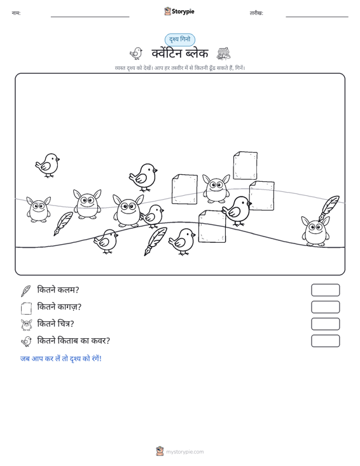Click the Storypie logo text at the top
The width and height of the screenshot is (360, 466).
tap(183, 11)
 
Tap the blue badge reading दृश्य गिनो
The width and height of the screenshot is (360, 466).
tap(180, 39)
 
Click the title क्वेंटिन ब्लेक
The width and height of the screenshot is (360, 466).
tap(180, 53)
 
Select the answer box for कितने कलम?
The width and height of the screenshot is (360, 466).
tap(325, 290)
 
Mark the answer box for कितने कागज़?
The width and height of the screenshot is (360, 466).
tap(325, 307)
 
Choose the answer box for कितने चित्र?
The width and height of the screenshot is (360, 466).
tap(325, 324)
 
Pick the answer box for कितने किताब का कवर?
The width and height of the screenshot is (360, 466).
tap(325, 341)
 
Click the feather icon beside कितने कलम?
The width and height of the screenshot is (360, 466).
tap(26, 291)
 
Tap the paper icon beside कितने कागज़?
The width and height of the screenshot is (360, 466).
tap(26, 308)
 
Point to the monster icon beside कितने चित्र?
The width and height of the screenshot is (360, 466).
tap(27, 324)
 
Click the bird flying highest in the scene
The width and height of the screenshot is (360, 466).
tap(47, 165)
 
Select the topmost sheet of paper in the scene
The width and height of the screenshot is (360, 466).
tap(246, 165)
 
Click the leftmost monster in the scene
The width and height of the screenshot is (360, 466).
tap(38, 209)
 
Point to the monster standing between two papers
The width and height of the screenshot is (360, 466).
tap(216, 189)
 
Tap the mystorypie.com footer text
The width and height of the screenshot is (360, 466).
tap(184, 452)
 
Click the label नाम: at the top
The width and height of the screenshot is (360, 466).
tap(16, 13)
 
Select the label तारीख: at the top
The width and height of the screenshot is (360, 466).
tap(256, 13)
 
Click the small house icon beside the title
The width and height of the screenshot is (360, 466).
tap(223, 53)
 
